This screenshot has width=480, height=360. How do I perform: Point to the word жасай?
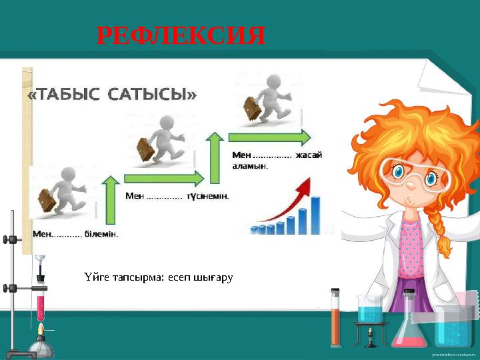click(309, 155)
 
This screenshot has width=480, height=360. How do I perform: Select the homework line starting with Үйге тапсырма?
click(159, 276)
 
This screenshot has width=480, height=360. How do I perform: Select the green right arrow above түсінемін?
click(164, 179)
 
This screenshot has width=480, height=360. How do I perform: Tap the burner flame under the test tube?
click(41, 330)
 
